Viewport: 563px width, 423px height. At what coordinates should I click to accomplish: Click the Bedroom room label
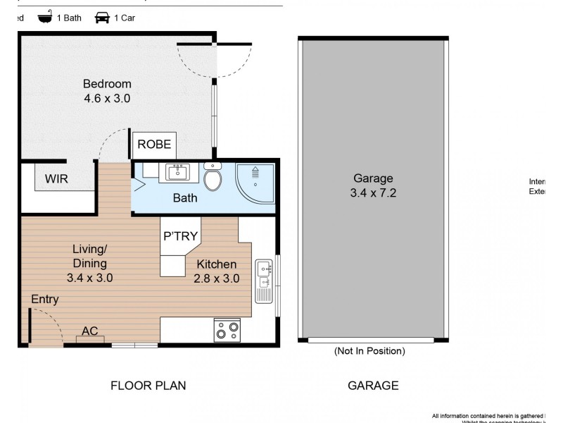tap(107, 84)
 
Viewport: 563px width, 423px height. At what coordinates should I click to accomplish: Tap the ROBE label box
tap(154, 145)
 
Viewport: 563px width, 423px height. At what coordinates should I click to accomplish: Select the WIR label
tap(56, 179)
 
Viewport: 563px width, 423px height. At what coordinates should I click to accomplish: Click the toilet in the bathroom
tap(213, 178)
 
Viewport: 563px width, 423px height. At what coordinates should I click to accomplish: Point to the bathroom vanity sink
tap(178, 171)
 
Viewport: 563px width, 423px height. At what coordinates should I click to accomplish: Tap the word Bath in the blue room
tap(185, 198)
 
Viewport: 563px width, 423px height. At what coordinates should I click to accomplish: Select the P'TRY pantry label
tap(181, 236)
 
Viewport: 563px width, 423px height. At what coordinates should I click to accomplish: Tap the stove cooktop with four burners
tap(227, 329)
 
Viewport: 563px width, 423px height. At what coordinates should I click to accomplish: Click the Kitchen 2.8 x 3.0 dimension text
tap(217, 278)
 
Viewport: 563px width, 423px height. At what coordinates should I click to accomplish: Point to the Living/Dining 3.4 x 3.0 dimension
tap(90, 278)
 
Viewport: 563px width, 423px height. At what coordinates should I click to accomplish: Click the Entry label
tap(44, 300)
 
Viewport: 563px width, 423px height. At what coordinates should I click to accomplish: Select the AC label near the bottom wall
tap(89, 331)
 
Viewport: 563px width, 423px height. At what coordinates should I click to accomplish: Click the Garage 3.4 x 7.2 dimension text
tap(373, 192)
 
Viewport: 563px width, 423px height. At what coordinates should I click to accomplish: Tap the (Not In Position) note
tap(369, 351)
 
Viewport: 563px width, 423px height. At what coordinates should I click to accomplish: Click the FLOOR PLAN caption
tap(148, 386)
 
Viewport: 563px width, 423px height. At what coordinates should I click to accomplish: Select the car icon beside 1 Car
tap(102, 18)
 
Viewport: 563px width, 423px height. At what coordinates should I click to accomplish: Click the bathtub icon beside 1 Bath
tap(46, 18)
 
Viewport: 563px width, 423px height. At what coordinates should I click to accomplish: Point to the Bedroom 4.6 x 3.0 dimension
tap(107, 99)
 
